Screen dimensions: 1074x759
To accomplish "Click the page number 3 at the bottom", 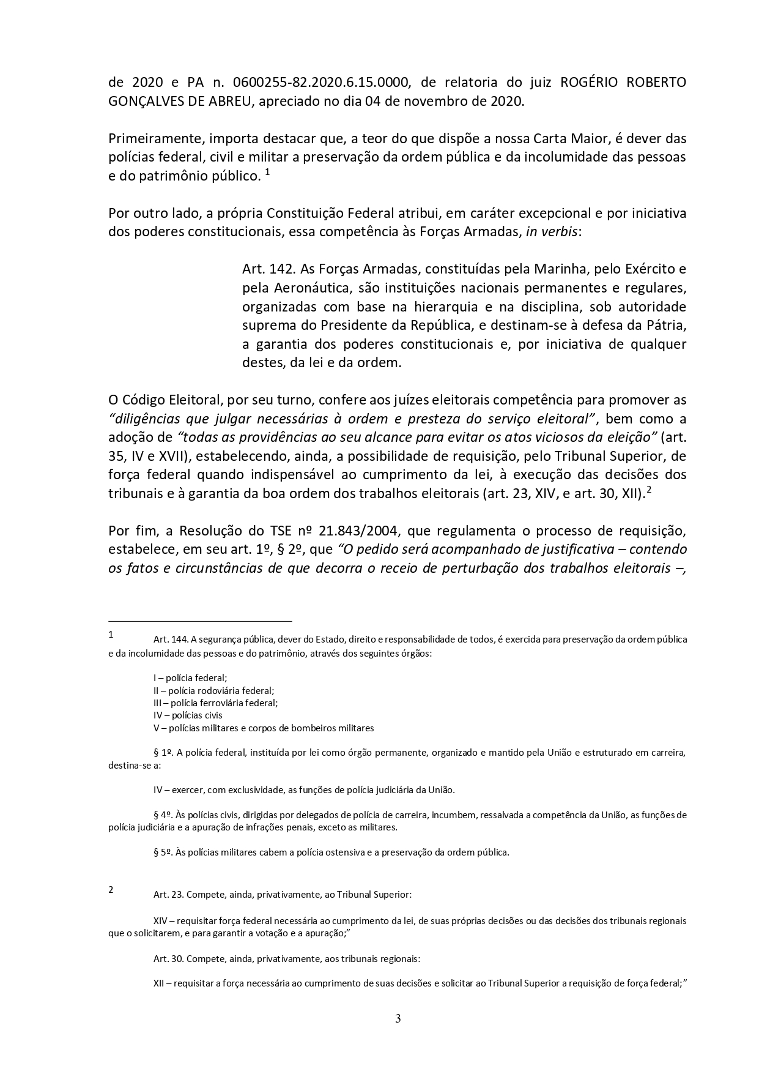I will (x=398, y=1019).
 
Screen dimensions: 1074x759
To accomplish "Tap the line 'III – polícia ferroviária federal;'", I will (x=215, y=703).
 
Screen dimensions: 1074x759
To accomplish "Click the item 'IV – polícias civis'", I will (x=188, y=715).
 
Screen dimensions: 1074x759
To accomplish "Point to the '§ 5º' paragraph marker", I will (x=163, y=852).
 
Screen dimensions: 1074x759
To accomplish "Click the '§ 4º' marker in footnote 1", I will (x=163, y=815).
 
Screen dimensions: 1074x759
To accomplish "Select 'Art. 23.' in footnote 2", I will (x=169, y=895).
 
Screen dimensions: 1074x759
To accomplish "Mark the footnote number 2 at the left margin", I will (x=111, y=890).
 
